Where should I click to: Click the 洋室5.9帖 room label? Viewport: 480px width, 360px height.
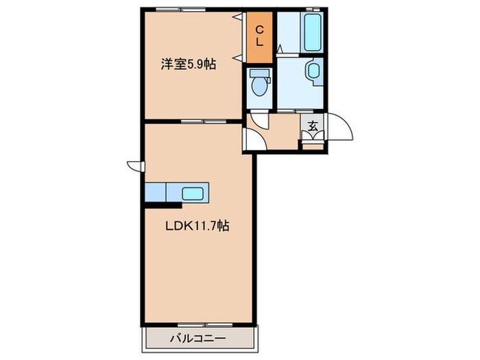[x=188, y=66]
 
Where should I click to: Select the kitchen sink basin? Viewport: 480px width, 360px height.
[x=193, y=192]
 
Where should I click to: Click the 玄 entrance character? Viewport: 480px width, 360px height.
[x=313, y=126]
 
